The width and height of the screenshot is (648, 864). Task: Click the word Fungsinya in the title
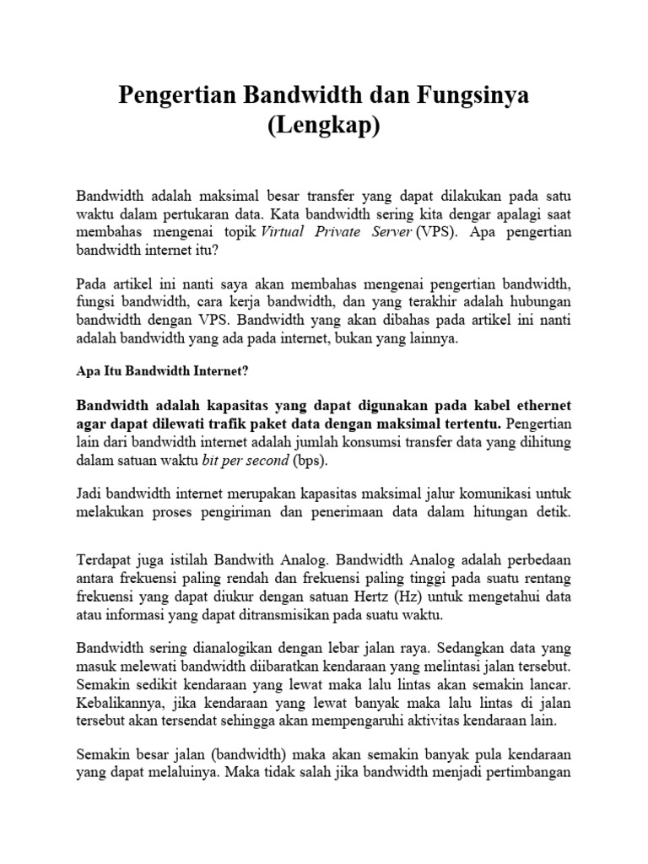(x=464, y=95)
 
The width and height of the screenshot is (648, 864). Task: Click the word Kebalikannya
(x=121, y=702)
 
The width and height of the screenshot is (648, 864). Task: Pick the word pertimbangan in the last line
(x=532, y=771)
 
